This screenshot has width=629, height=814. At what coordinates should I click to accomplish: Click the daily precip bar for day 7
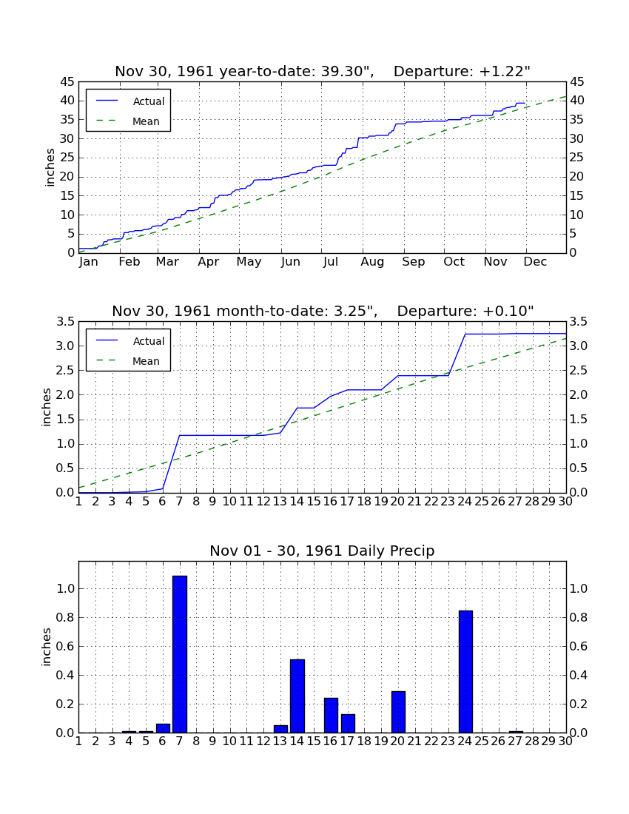click(180, 654)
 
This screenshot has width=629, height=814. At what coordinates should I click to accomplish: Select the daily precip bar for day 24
click(465, 672)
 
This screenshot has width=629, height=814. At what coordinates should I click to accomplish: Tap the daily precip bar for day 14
click(297, 696)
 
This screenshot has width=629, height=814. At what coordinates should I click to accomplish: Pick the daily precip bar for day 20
click(398, 712)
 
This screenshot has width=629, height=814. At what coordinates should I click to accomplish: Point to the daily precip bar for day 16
click(331, 716)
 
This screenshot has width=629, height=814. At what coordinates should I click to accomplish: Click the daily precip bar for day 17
click(349, 724)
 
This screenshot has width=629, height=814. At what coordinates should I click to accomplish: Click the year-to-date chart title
click(323, 71)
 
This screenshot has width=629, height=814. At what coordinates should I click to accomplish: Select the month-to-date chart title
click(323, 311)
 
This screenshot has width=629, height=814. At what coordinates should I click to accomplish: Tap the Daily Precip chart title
click(323, 551)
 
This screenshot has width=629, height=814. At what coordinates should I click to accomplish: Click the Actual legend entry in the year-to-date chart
click(128, 101)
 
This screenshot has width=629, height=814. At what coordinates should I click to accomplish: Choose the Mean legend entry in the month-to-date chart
click(128, 361)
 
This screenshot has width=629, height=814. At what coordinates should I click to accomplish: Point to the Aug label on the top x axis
click(372, 262)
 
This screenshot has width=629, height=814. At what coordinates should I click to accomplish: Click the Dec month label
click(535, 262)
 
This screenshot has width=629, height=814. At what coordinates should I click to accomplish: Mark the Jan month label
click(89, 262)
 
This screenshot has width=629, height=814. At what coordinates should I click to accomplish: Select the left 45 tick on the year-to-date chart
click(68, 82)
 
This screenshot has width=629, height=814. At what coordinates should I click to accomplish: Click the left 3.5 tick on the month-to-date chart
click(65, 322)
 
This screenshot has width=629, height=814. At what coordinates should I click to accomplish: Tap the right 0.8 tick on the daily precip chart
click(579, 617)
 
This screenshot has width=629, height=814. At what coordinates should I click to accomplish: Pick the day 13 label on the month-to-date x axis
click(280, 502)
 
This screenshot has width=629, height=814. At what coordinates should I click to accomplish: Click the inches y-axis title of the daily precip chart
click(47, 647)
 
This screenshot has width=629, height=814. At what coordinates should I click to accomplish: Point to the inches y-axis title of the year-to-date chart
click(50, 167)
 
